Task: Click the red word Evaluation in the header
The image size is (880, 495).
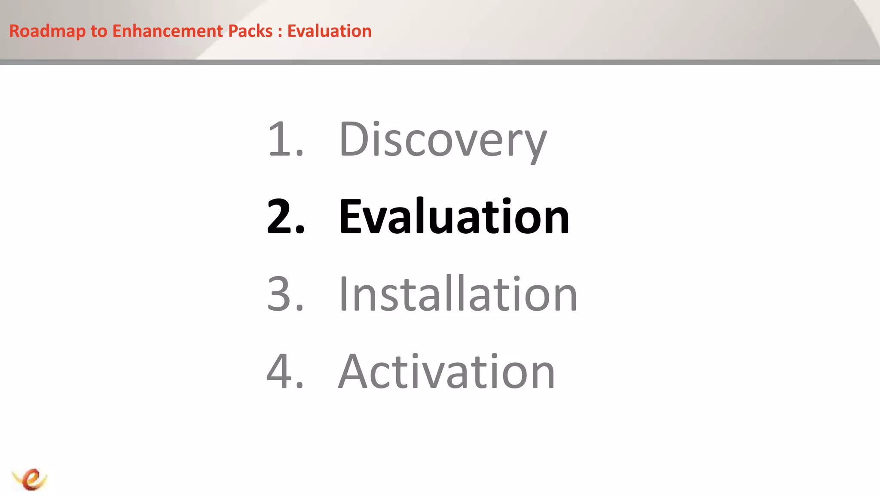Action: [329, 31]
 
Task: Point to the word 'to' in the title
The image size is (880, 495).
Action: [98, 31]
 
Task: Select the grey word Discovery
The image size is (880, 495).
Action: [443, 140]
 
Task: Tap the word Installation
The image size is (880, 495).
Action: [458, 294]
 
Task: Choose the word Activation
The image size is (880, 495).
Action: [447, 371]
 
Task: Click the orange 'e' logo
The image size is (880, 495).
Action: [30, 479]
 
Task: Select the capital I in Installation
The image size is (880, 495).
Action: [343, 294]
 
